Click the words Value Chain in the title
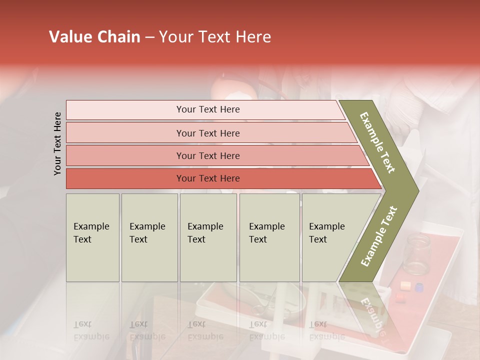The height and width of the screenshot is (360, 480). click(x=94, y=37)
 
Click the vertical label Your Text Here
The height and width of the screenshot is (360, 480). click(x=58, y=143)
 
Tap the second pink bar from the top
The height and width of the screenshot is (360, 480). click(x=207, y=133)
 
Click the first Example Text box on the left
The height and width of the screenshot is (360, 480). click(x=92, y=237)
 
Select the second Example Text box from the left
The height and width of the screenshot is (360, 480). click(x=149, y=237)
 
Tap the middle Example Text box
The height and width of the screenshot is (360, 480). click(x=208, y=237)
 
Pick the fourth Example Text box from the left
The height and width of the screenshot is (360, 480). click(x=269, y=237)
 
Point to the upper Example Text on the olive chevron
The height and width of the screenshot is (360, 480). click(x=377, y=142)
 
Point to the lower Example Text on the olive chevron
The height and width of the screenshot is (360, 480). click(x=378, y=236)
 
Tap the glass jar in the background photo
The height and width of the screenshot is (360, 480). click(x=416, y=253)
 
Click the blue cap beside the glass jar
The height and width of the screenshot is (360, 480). click(x=419, y=287)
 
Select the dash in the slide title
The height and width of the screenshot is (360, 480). click(x=149, y=37)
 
